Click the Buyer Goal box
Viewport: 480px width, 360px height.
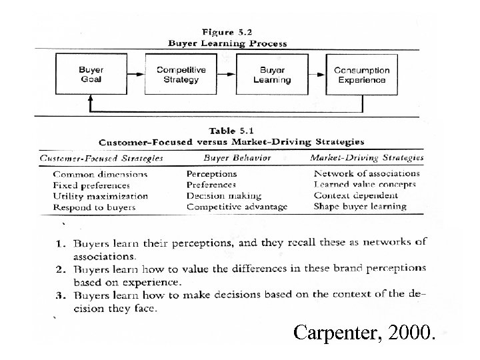91,75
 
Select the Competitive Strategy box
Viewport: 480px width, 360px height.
181,75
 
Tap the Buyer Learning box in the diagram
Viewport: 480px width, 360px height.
272,75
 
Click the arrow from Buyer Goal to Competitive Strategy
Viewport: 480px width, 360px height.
136,75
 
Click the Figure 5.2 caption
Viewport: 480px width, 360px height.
227,32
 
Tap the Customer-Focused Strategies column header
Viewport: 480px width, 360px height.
102,159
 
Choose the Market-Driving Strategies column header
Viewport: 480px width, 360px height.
367,158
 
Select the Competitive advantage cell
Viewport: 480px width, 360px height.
237,207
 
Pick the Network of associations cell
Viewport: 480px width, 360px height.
367,174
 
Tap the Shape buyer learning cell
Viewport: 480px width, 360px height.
360,207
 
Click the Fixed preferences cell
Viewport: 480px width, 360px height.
91,185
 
